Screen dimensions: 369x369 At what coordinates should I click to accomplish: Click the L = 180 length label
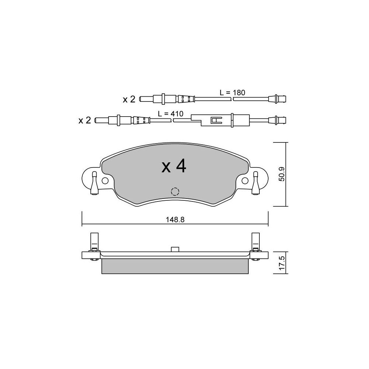[x=232, y=93]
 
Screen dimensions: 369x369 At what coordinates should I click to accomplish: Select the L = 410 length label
[x=170, y=114]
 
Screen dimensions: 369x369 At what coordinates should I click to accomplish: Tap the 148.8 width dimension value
[x=175, y=220]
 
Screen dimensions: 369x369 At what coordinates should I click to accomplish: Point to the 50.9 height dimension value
[x=282, y=174]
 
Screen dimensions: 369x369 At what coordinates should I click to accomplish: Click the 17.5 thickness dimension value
[x=282, y=263]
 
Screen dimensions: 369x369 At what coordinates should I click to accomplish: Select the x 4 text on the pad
[x=174, y=167]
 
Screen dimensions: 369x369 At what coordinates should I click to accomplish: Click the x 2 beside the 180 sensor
[x=129, y=100]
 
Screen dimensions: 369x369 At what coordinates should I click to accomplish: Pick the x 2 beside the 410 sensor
[x=85, y=121]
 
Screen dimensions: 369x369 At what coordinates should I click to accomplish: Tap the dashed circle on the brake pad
[x=175, y=192]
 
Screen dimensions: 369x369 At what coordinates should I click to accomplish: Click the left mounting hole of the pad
[x=105, y=181]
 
